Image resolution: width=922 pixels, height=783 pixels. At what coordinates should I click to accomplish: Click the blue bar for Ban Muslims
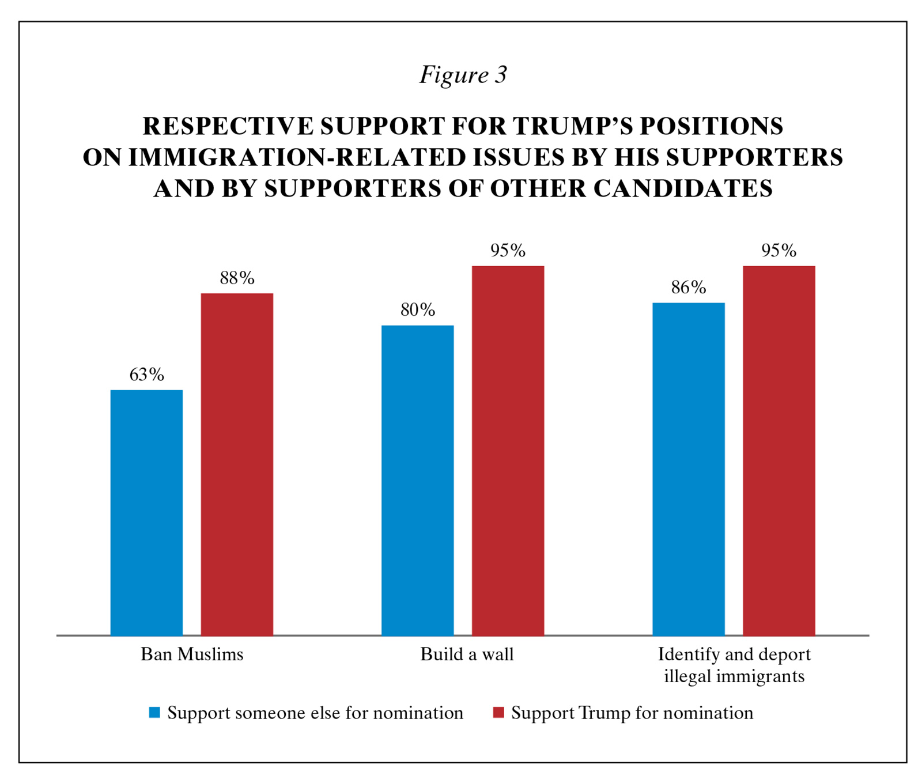[146, 513]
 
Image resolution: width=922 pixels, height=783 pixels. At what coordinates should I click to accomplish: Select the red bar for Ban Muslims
[237, 464]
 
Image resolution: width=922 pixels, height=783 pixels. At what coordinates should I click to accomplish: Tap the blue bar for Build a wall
[417, 481]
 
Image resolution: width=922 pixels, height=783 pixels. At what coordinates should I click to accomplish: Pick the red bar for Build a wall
[508, 451]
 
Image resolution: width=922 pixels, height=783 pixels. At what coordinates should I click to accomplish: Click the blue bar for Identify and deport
[688, 469]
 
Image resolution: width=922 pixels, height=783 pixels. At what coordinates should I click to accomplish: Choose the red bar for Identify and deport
[779, 451]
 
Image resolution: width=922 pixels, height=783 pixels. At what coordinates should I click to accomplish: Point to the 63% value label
[146, 375]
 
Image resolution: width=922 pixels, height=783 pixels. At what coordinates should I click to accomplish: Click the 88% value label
[237, 278]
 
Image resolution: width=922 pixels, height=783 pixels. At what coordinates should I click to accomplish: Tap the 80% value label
[417, 310]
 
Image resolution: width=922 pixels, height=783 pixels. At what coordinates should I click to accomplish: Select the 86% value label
[688, 288]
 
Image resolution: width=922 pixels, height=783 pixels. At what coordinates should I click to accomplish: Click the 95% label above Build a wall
[508, 251]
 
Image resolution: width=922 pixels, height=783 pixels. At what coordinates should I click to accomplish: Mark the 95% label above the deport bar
[779, 251]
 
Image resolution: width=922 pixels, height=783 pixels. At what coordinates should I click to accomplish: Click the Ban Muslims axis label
[192, 655]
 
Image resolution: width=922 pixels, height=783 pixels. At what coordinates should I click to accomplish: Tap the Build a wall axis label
[467, 655]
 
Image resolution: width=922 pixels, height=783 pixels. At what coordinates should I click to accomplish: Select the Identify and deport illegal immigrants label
[734, 665]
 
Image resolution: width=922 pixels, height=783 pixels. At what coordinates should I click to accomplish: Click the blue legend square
[154, 713]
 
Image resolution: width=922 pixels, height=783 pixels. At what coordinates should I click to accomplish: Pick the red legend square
[498, 713]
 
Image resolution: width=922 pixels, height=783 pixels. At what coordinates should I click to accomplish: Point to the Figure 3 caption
[463, 75]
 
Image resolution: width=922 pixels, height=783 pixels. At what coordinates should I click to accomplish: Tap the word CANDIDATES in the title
[683, 188]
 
